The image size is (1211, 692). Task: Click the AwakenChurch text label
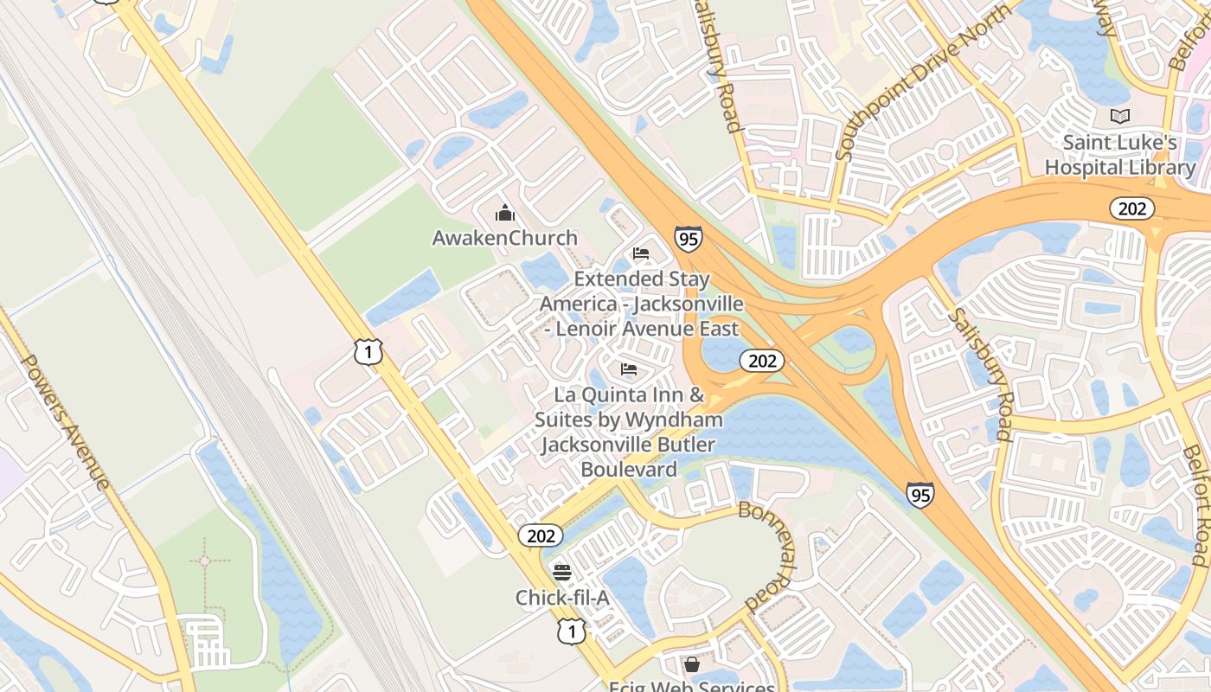point(505,238)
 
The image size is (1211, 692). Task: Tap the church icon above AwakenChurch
point(505,213)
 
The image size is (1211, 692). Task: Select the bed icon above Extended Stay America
point(641,253)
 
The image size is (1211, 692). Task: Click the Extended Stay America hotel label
point(641,304)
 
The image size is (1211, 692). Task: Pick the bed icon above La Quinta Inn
point(629,369)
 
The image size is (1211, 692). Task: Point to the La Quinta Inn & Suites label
point(629,432)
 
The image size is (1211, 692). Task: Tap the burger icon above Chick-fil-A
point(562,572)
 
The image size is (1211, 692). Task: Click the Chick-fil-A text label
point(562,598)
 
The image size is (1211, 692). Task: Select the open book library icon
point(1120,116)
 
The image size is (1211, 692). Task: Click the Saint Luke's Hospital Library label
point(1120,155)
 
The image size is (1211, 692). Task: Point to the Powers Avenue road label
point(66,420)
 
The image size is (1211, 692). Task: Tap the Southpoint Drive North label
point(923,81)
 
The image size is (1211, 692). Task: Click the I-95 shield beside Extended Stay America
point(689,238)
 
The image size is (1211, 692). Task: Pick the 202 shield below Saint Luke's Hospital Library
point(1131,208)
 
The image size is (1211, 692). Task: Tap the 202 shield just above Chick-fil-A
point(541,536)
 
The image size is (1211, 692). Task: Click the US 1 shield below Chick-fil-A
point(571,632)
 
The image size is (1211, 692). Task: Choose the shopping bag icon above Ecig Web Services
point(691,664)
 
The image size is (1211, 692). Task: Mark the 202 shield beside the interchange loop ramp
point(762,361)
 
